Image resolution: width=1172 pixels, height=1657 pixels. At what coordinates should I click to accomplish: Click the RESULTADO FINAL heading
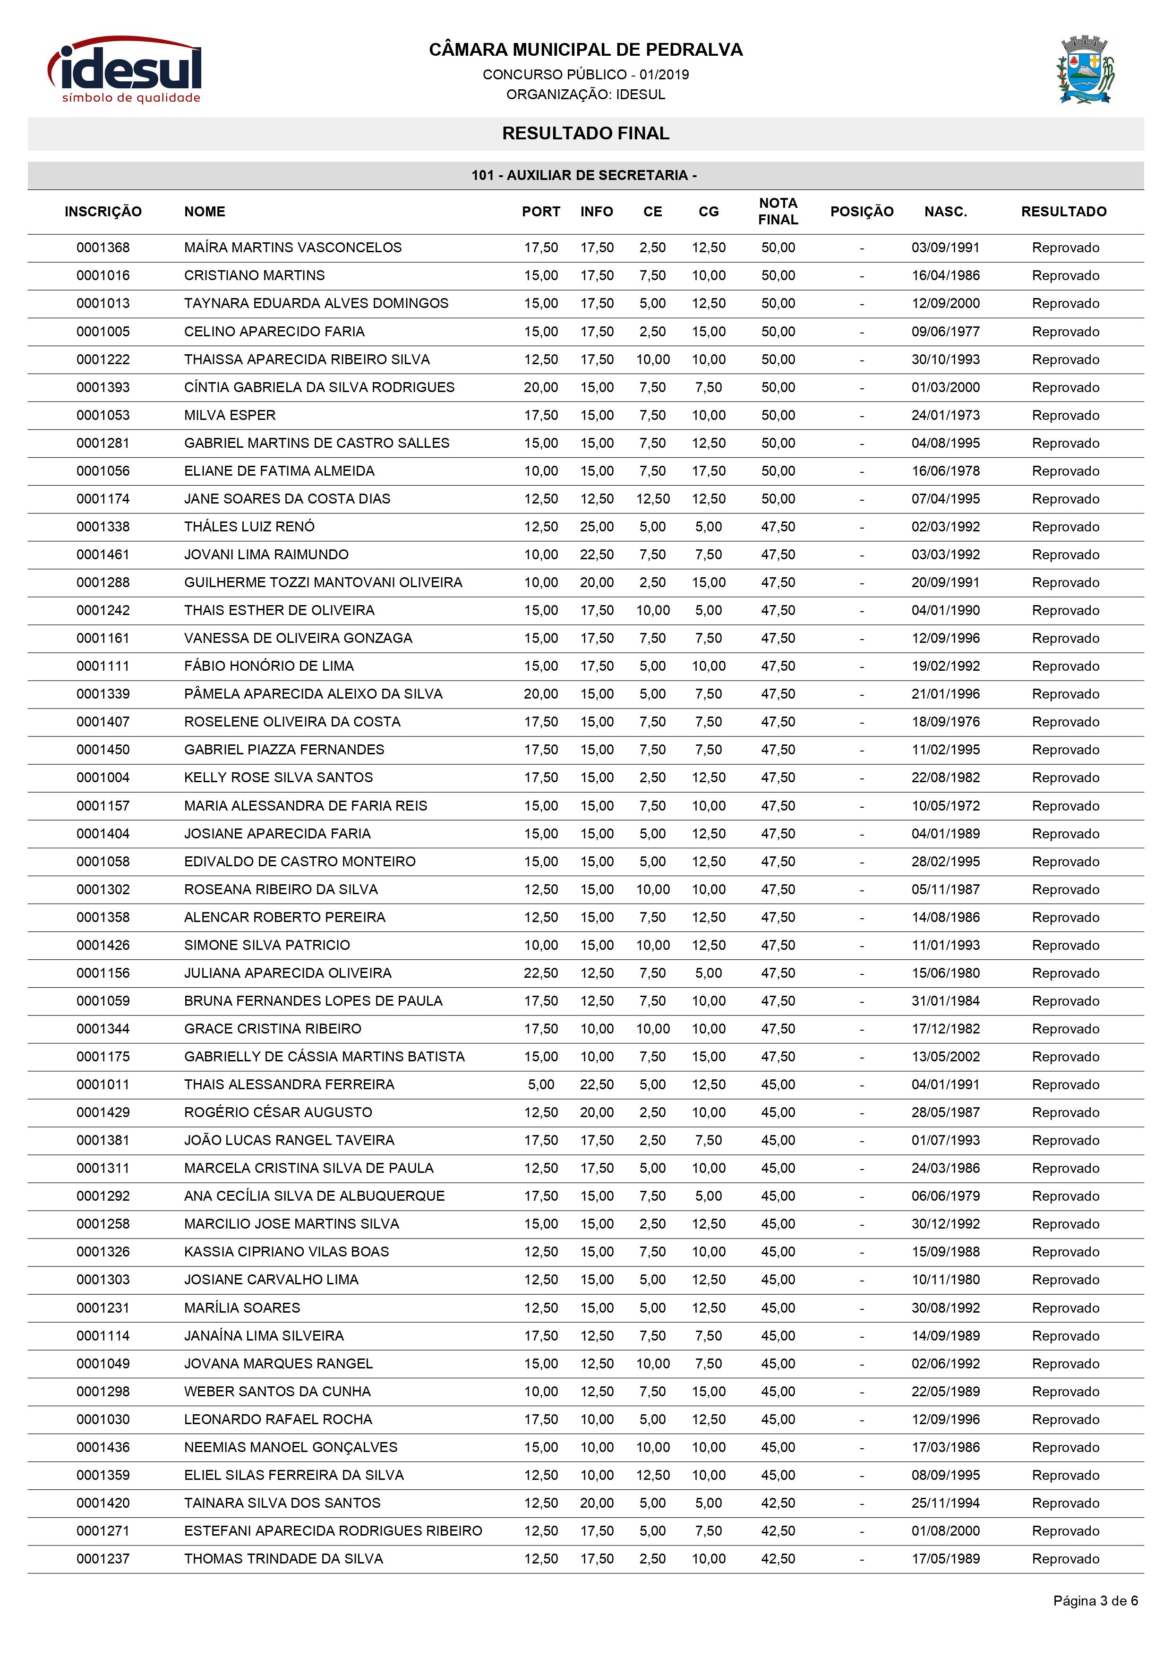click(x=585, y=134)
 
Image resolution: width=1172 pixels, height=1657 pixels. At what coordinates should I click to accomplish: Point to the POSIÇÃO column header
click(x=861, y=212)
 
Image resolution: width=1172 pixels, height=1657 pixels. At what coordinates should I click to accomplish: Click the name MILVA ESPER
click(x=230, y=415)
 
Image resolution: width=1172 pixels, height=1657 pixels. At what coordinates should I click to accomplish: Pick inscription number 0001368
click(x=103, y=248)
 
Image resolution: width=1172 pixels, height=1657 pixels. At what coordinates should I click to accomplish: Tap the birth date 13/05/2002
click(x=945, y=1057)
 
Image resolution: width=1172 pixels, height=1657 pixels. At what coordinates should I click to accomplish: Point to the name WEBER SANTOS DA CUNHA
click(x=277, y=1392)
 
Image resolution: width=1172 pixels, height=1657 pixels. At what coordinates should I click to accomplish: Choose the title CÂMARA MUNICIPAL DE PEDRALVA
click(x=585, y=50)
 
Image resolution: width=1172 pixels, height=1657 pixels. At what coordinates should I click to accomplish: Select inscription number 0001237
click(x=103, y=1559)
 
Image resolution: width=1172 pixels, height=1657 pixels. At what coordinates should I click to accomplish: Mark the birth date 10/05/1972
click(x=945, y=805)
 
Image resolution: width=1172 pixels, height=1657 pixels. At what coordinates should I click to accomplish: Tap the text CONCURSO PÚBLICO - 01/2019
click(x=585, y=74)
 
